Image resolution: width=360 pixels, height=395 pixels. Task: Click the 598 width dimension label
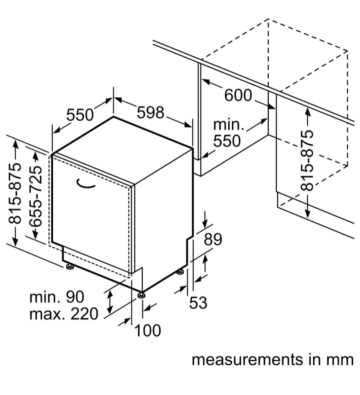[151, 113]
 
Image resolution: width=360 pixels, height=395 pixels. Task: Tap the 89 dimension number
[213, 239]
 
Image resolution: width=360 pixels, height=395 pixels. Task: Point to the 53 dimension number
[198, 303]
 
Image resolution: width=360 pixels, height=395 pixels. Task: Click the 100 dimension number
[148, 331]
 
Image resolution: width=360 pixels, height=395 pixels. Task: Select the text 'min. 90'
[57, 297]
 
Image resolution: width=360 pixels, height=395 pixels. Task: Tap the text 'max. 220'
[64, 313]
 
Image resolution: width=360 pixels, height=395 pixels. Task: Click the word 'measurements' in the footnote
[247, 360]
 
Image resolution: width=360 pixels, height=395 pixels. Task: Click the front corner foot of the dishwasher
[141, 295]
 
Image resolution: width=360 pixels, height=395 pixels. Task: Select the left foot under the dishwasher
[70, 266]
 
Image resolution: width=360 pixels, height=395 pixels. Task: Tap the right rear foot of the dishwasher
[181, 272]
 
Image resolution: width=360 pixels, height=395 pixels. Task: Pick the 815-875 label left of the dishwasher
[15, 193]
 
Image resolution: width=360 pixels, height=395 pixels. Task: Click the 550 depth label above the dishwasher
[80, 115]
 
